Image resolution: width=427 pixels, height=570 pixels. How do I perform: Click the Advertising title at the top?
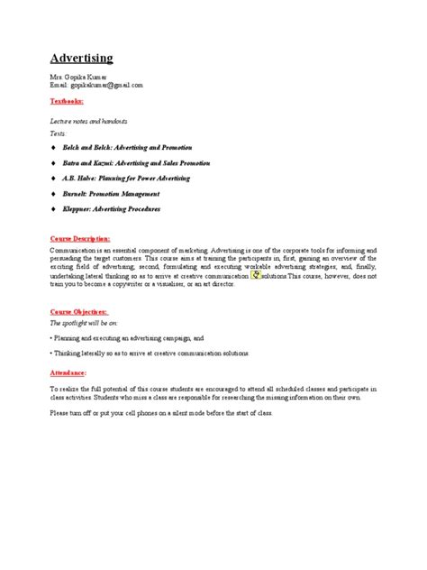[81, 59]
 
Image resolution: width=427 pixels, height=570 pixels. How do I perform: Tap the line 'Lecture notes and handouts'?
[88, 120]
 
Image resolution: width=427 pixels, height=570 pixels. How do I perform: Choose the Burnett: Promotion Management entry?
[115, 193]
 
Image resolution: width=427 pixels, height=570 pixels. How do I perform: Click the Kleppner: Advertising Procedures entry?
[117, 208]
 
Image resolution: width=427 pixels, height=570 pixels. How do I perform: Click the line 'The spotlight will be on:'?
[84, 322]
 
